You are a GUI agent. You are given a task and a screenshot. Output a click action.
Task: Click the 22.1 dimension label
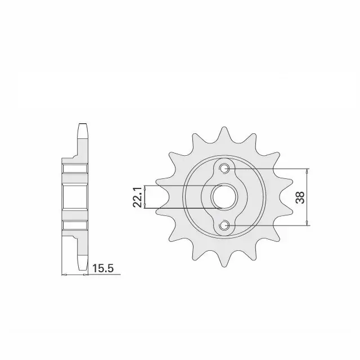tap(138, 197)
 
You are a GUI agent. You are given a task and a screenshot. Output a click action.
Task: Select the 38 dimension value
tap(300, 197)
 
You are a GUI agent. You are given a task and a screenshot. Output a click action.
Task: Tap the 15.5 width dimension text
tap(103, 268)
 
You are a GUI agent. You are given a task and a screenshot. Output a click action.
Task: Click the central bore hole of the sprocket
tap(223, 197)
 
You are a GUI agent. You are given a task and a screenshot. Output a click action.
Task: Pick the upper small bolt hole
tap(224, 169)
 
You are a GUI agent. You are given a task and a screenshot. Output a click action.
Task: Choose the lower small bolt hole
tap(224, 226)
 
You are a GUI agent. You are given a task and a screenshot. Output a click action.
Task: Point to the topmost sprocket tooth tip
tap(224, 127)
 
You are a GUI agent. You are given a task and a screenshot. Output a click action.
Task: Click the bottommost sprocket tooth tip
tap(224, 266)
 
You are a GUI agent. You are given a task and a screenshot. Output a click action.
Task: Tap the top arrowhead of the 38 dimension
tap(307, 171)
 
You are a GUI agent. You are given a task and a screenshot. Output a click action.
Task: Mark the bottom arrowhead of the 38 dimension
tap(307, 223)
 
